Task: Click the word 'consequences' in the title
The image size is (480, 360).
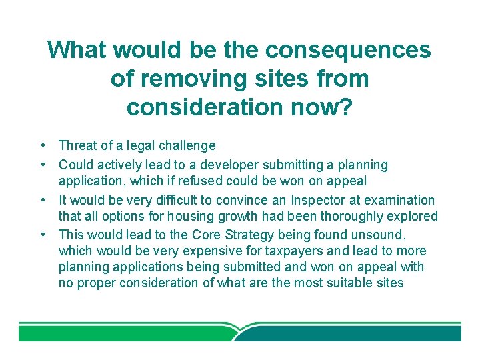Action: [x=347, y=50]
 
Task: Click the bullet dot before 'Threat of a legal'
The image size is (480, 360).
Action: [x=41, y=145]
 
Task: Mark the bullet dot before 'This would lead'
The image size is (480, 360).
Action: [x=41, y=235]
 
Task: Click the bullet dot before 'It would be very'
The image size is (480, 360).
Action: [x=41, y=200]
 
